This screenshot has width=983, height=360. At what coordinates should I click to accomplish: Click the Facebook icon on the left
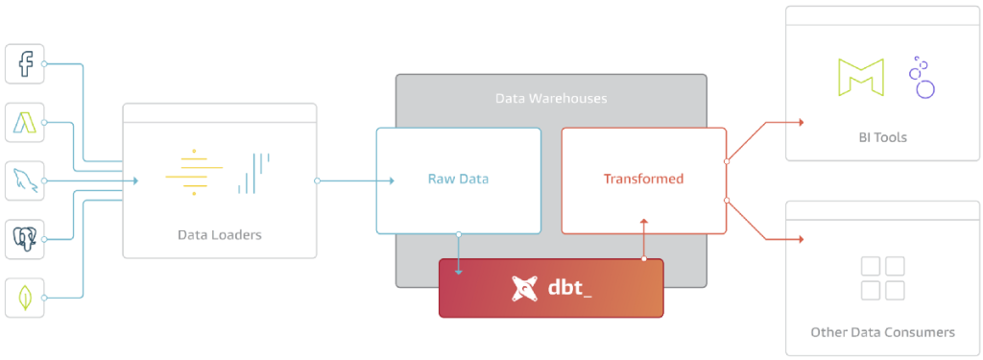pos(25,63)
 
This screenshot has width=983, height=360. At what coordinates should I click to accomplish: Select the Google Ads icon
pos(25,122)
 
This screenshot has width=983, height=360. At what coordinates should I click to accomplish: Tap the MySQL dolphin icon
pos(25,180)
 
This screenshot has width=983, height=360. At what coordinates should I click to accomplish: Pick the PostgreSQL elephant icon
pos(25,239)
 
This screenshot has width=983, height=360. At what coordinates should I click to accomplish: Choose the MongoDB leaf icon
pos(25,298)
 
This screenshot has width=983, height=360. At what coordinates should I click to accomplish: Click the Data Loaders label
pos(219,234)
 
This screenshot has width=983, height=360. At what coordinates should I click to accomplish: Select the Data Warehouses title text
pos(551,98)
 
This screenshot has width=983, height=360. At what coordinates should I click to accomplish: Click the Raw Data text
pos(458,180)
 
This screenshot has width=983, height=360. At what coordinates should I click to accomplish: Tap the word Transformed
pos(643,180)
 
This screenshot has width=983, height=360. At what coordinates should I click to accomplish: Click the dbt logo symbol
pos(523,288)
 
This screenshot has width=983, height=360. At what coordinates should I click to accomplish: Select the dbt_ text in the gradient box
pos(569,288)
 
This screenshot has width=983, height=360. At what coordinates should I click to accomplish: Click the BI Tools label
pos(882,137)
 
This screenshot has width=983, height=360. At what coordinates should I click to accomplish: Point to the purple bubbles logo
pos(921,78)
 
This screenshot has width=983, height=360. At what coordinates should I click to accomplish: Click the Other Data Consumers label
pos(882,332)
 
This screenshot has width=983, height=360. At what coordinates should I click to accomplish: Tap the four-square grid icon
pos(882,277)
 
